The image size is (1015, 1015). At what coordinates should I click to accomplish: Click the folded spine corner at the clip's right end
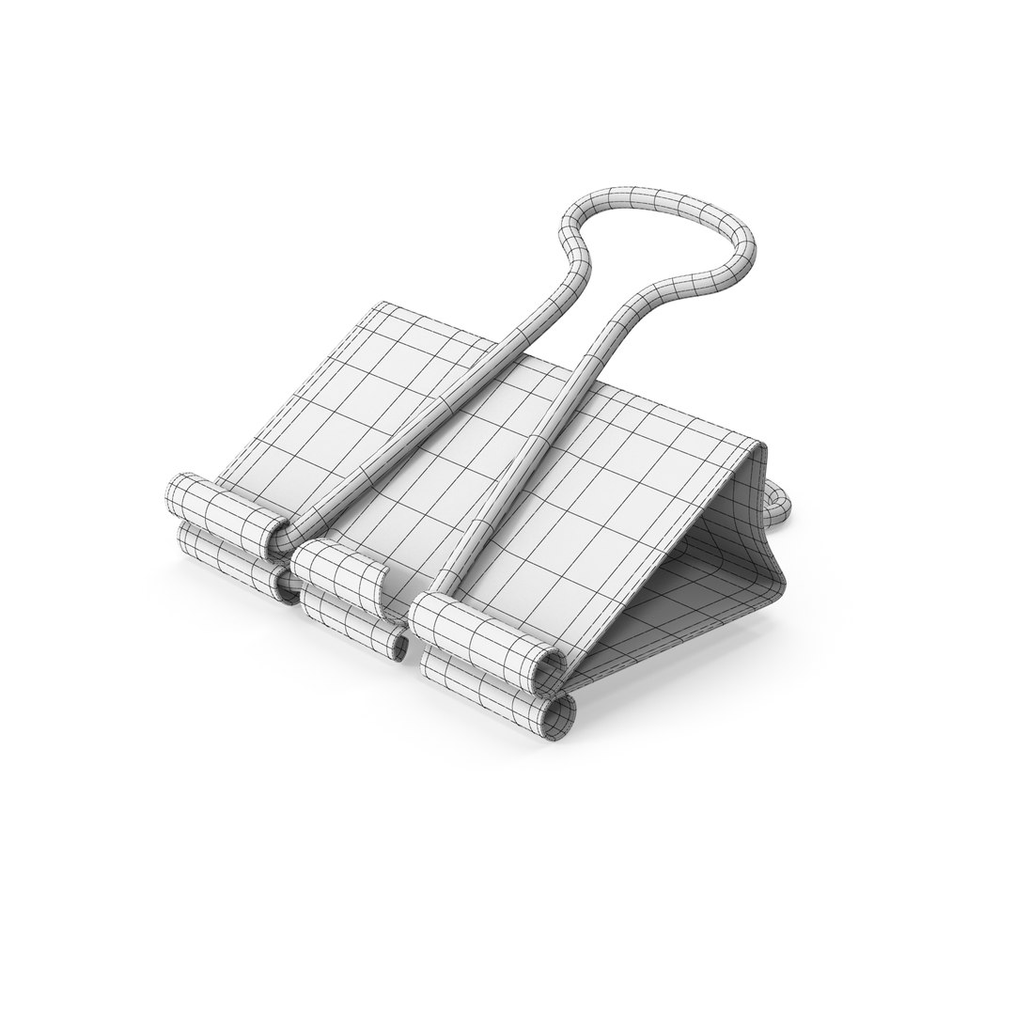(759, 452)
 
